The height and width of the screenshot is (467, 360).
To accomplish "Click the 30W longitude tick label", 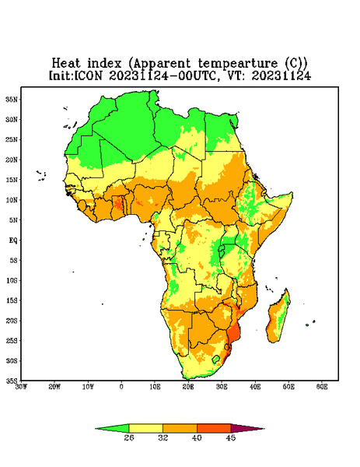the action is pyautogui.click(x=21, y=387).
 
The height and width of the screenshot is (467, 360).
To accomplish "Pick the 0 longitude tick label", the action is pyautogui.click(x=121, y=387).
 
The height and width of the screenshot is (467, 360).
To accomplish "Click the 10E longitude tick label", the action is pyautogui.click(x=155, y=387).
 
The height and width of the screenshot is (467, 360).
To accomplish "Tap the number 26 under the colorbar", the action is pyautogui.click(x=129, y=437).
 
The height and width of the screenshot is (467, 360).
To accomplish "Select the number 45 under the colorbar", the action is pyautogui.click(x=231, y=437).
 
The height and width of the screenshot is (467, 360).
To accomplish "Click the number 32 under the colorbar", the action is pyautogui.click(x=163, y=437).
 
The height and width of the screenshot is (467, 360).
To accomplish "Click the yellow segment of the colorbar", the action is pyautogui.click(x=145, y=429).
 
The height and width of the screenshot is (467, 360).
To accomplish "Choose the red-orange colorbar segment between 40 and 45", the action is pyautogui.click(x=214, y=429).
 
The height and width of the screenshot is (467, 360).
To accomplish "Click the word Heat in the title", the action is pyautogui.click(x=66, y=64).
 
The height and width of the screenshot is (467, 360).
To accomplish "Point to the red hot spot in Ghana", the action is pyautogui.click(x=118, y=204).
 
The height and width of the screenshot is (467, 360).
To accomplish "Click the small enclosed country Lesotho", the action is pyautogui.click(x=216, y=360).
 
